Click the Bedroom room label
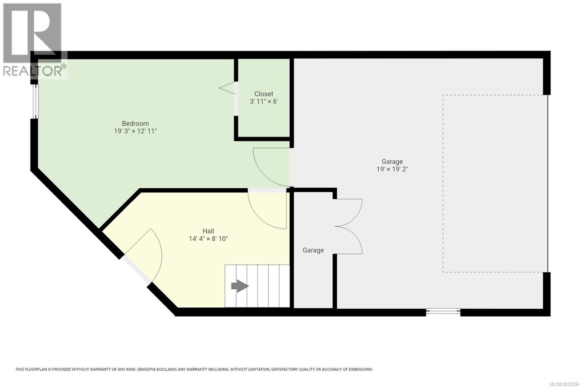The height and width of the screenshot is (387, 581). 135,123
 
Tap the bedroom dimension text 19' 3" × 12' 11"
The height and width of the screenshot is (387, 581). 135,131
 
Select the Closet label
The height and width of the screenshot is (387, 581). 264,94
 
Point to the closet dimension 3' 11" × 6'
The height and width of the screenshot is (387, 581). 264,102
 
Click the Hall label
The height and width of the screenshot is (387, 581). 208,231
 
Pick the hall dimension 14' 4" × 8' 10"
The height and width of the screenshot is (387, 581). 208,239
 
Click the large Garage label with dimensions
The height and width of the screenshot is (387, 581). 392,162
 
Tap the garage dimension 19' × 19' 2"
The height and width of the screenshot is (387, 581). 392,169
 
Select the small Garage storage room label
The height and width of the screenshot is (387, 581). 313,250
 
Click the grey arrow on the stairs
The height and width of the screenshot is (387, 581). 240,286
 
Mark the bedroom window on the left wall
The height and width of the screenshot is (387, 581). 34,101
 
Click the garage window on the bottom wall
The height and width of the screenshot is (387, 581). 443,311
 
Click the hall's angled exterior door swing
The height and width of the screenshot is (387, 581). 145,254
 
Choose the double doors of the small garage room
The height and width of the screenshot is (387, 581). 349,226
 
